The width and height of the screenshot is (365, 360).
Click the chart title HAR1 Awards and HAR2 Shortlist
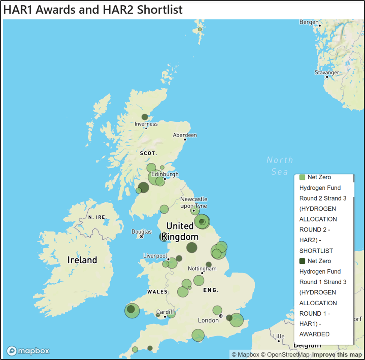tap(93, 9)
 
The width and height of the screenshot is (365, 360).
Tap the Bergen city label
tap(308, 22)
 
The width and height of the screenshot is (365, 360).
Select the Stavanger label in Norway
tap(327, 72)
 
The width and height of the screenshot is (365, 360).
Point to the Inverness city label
tap(146, 124)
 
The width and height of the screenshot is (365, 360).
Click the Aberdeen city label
tap(185, 135)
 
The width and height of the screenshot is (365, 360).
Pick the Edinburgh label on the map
tap(165, 174)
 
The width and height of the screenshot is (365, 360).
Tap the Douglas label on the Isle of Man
tap(142, 232)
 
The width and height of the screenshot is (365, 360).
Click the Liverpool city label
tap(155, 256)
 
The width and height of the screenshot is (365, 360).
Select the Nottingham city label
tap(202, 268)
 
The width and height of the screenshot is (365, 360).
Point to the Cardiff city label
tap(165, 312)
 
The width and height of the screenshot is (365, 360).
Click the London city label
tap(208, 320)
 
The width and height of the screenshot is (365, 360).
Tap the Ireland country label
tap(82, 260)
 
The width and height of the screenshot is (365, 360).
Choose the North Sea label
tap(280, 165)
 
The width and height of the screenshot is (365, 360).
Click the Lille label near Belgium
tap(279, 336)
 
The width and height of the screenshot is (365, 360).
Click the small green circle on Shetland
tap(200, 29)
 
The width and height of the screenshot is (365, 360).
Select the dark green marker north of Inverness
tap(145, 117)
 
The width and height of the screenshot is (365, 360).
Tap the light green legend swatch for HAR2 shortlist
tap(302, 177)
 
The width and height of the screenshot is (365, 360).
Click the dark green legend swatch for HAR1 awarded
tap(302, 261)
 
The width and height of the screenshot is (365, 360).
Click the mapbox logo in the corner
tap(28, 351)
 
